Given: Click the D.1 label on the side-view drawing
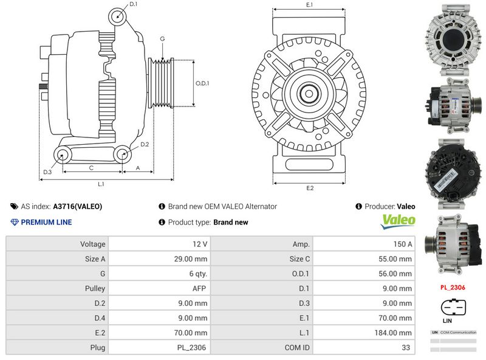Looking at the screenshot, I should tap(133, 5).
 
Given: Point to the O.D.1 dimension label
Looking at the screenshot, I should tap(202, 83).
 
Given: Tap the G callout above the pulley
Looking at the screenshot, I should tap(162, 39).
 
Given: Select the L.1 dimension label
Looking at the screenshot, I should tap(101, 183).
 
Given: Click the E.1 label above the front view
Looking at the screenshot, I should tap(309, 5).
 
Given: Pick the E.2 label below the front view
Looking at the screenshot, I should tap(309, 188).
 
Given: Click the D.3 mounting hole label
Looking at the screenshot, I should tap(47, 172).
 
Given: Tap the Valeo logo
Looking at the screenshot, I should tap(398, 221).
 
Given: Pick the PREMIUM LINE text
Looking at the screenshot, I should tap(46, 222).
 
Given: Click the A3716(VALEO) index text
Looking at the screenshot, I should tap(78, 206).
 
